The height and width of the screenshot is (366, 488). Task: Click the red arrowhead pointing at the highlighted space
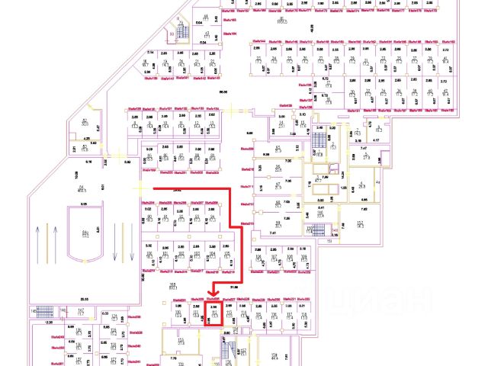click(213, 289)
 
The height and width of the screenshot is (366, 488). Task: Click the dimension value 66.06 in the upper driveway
click(223, 91)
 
